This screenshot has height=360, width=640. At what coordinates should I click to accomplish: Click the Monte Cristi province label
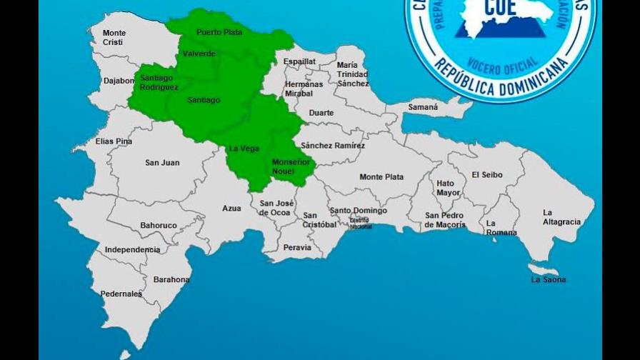114,38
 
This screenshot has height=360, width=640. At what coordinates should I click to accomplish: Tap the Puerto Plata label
219,32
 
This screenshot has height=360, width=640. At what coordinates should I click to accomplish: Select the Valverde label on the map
199,54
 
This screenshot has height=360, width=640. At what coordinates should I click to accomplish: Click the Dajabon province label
119,81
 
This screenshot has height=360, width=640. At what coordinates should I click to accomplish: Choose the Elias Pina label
114,141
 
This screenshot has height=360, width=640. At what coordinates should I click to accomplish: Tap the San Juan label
162,163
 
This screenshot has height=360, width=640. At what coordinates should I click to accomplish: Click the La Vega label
244,149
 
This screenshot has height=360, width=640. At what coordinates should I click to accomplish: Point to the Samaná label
422,107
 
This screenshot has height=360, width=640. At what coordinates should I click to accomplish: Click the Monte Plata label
381,177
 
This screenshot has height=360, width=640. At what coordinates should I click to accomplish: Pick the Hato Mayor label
449,188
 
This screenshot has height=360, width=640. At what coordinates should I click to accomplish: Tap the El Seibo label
486,175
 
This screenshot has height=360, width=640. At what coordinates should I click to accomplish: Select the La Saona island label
549,279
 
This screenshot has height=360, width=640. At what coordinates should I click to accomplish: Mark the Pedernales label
121,294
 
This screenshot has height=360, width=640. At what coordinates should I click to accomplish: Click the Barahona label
171,279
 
